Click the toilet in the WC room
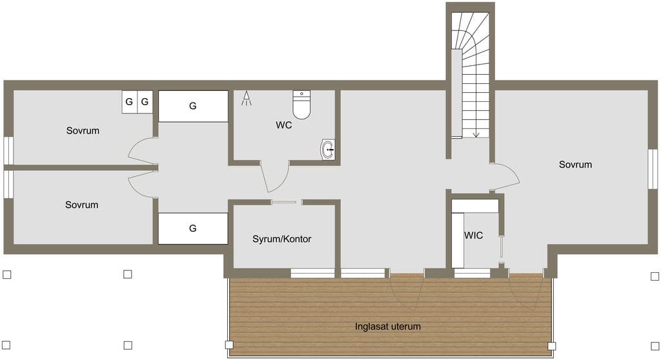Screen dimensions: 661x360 pos(301,105)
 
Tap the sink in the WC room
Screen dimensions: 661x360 pos(328,150)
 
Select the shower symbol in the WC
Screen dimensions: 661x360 pos(247,99)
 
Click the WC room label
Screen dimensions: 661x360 pos(284,125)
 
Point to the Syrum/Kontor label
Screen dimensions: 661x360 pos(281,239)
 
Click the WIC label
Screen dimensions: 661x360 pos(473,235)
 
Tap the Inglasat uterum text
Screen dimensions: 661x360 pos(388,326)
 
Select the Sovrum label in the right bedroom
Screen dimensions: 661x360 pos(575,165)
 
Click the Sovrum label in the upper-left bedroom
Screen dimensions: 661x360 pos(83,131)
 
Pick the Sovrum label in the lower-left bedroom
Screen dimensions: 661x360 pos(82,205)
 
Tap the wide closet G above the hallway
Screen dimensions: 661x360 pos(193,106)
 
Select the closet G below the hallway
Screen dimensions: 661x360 pos(193,228)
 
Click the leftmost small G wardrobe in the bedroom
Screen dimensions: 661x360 pos(129,101)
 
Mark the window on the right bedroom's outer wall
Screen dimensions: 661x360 pos(653,168)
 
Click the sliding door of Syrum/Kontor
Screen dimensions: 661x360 pos(285,203)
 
